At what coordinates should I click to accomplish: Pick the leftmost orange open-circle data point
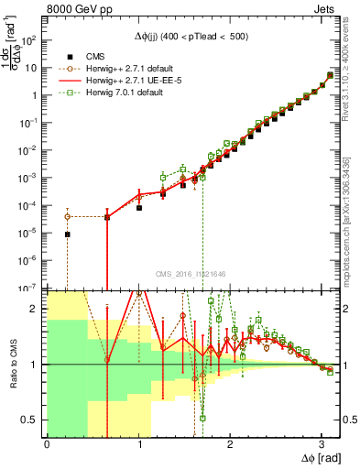[x=67, y=216]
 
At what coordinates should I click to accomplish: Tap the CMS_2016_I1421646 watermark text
[x=191, y=275]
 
